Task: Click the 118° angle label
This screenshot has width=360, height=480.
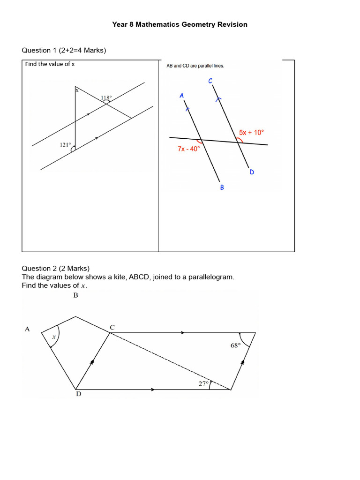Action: (106, 98)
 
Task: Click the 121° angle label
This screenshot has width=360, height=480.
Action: (65, 145)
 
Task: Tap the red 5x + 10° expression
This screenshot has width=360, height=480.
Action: (252, 133)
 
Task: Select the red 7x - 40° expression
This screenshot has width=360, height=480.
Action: (188, 149)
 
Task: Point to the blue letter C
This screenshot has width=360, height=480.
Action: (210, 81)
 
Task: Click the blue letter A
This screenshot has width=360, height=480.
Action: (181, 96)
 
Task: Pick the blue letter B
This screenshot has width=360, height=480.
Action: (222, 187)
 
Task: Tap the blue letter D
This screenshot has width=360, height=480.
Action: (252, 172)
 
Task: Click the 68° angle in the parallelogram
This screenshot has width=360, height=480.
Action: (235, 345)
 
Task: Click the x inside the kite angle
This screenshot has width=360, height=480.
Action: (53, 337)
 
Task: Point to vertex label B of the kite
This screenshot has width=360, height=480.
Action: (75, 295)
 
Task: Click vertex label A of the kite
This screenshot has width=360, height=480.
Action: (27, 329)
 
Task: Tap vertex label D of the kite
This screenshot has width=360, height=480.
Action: (78, 394)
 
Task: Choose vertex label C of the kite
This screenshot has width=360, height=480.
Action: (112, 327)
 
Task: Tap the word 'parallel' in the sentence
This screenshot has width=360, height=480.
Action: (203, 66)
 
